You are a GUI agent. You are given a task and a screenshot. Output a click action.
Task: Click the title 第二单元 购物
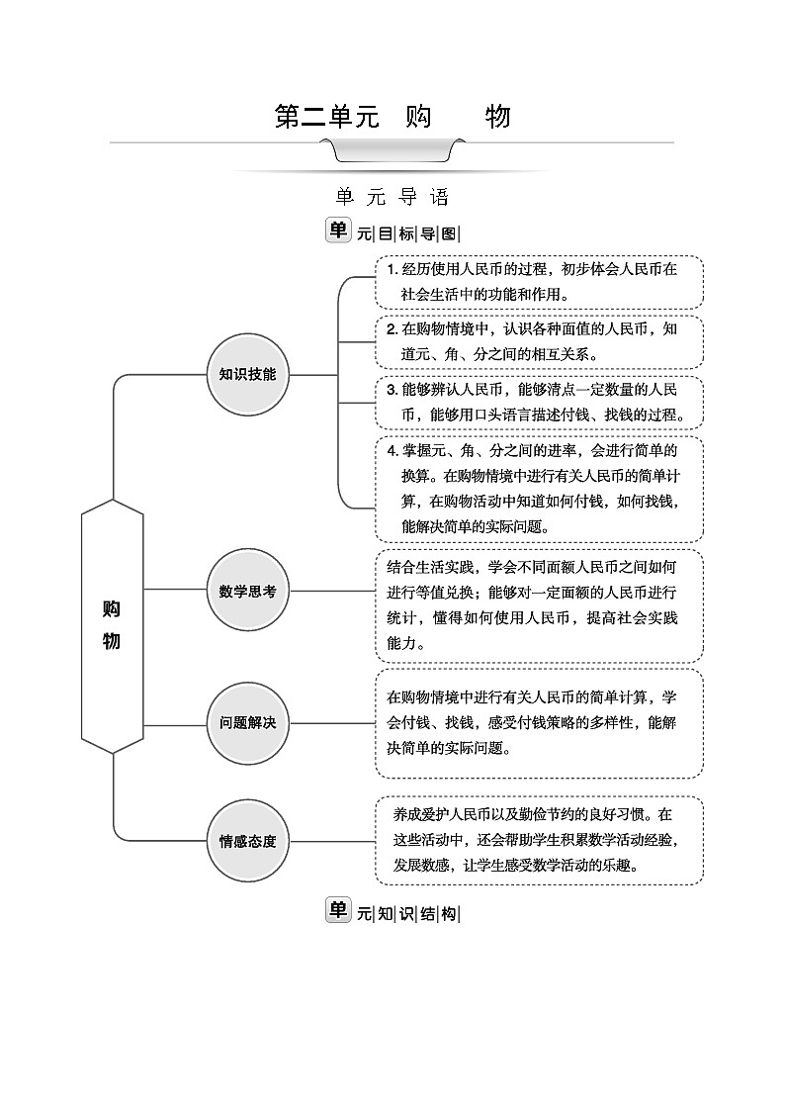tap(392, 117)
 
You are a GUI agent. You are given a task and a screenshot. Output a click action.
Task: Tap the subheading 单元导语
tap(392, 197)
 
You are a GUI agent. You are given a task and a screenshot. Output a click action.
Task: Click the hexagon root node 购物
tap(112, 626)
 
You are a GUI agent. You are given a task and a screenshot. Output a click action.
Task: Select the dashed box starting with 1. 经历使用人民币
tap(539, 282)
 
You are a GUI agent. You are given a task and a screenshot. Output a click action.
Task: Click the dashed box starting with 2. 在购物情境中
tap(539, 340)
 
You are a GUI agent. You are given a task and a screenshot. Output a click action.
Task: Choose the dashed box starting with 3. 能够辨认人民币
tap(539, 402)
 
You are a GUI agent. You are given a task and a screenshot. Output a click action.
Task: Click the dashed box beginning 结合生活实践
tap(539, 605)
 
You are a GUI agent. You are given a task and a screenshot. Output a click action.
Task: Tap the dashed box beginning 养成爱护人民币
tap(539, 840)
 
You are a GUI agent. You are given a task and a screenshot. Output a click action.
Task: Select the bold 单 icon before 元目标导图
tap(338, 231)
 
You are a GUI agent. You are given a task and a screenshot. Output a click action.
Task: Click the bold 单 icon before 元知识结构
tap(338, 910)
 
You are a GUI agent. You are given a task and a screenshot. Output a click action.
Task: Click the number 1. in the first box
tap(392, 270)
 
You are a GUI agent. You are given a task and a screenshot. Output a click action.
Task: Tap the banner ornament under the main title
tap(392, 151)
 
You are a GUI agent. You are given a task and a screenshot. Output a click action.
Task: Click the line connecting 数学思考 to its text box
tap(331, 591)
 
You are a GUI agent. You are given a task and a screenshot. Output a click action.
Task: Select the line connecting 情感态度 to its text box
tap(331, 842)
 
